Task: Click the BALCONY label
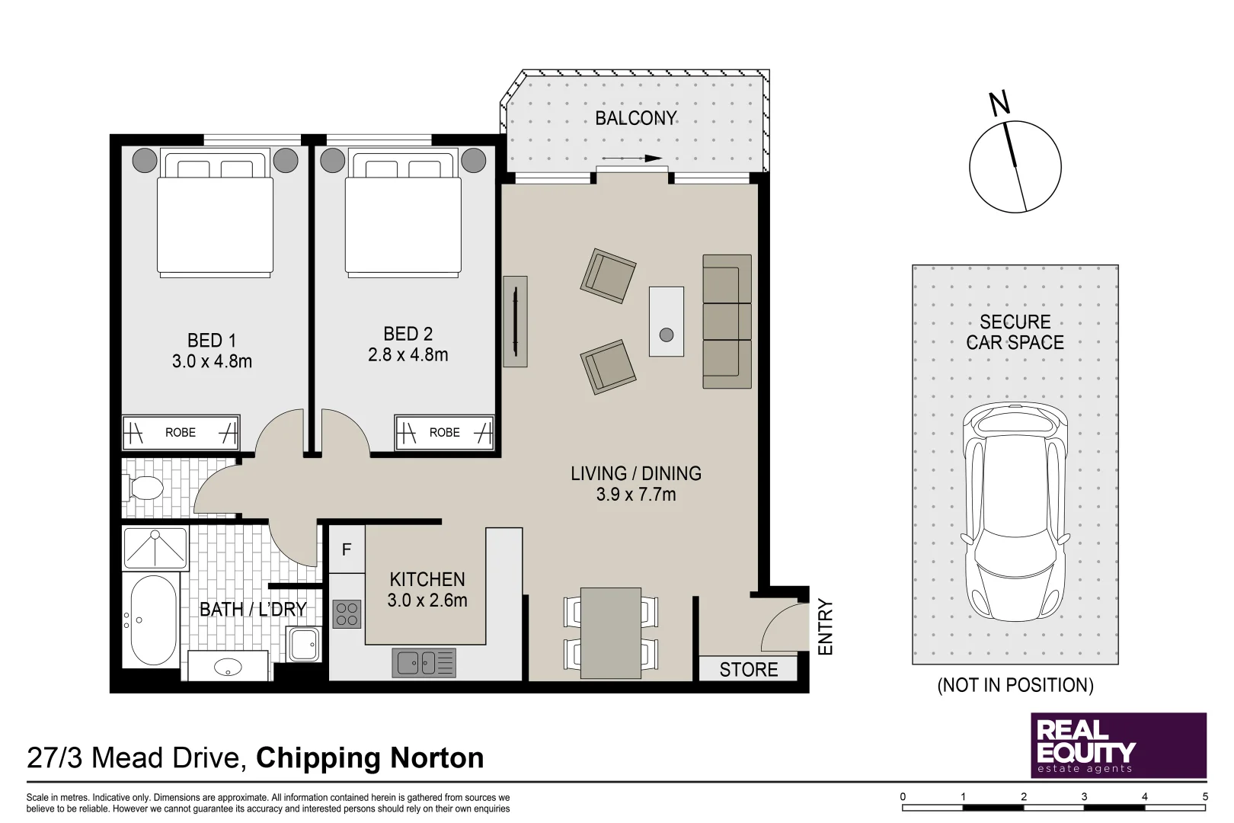pos(635,118)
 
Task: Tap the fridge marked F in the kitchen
pos(347,549)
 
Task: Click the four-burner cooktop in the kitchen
pos(347,613)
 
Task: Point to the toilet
pos(145,488)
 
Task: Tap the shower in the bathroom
pos(155,548)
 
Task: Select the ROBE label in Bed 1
pos(181,432)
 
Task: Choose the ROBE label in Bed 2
pos(444,432)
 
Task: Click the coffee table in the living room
pos(666,321)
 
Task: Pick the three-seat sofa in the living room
pos(727,321)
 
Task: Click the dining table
pos(610,632)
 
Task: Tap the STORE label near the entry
pos(748,669)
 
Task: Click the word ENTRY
pos(826,627)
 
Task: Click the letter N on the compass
pos(999,103)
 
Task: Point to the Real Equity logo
pos(1118,745)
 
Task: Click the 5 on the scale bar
pos(1205,796)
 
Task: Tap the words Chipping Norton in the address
pos(370,757)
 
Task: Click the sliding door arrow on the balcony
pos(632,159)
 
